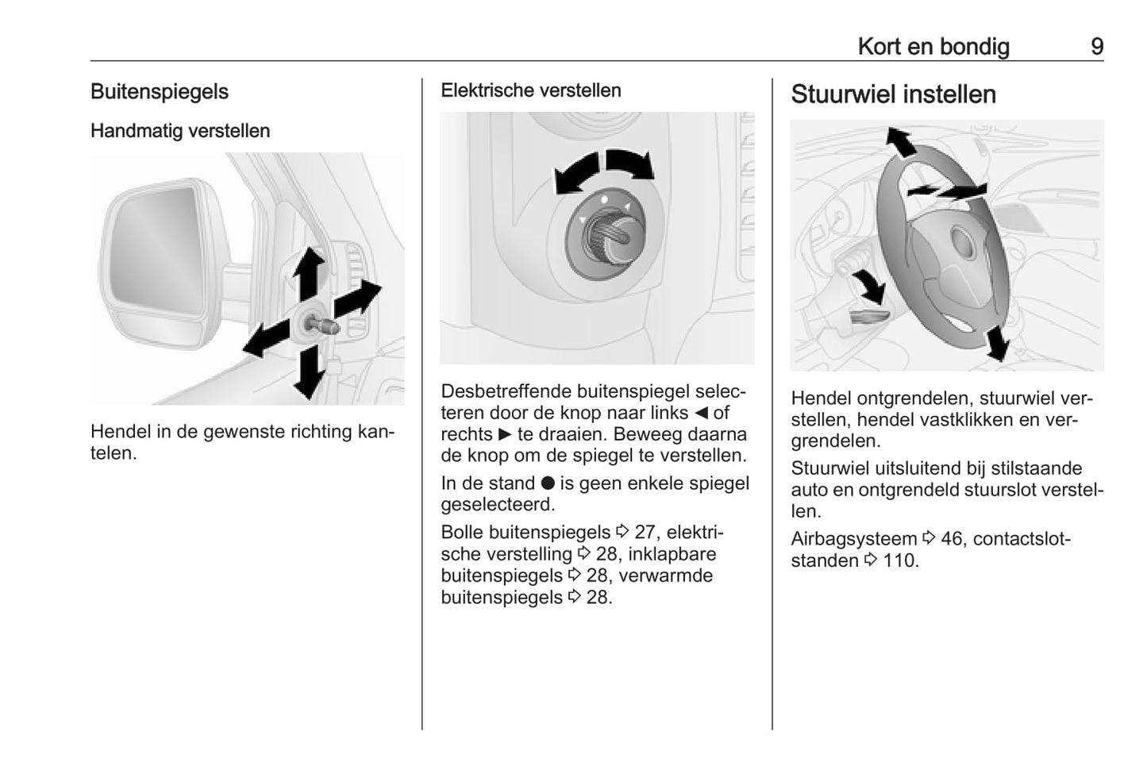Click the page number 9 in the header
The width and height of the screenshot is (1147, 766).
pyautogui.click(x=1096, y=47)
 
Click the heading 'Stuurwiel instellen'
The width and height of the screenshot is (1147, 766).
pyautogui.click(x=893, y=94)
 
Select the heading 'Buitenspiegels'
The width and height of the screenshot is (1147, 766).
pyautogui.click(x=159, y=92)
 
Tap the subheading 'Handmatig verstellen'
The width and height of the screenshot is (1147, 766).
pyautogui.click(x=180, y=131)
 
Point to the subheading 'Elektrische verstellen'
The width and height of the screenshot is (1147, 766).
pyautogui.click(x=530, y=90)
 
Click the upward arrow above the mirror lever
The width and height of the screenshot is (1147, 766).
pyautogui.click(x=309, y=271)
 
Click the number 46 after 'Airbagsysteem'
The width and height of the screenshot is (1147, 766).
pyautogui.click(x=951, y=539)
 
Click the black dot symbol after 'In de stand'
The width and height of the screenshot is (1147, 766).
pyautogui.click(x=548, y=483)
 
